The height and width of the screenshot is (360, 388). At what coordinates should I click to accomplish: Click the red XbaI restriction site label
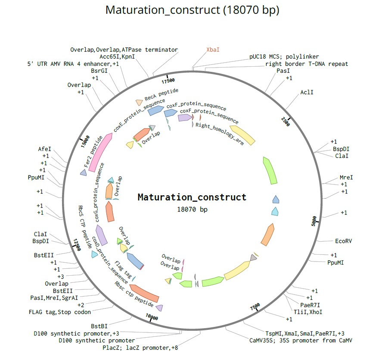coord(213,49)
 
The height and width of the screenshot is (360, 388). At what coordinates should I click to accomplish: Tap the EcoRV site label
coord(344,241)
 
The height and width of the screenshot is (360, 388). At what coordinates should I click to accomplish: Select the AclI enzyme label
coord(307,92)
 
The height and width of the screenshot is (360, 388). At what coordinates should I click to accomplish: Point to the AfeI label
coord(44,149)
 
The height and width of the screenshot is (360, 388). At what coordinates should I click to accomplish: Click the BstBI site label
coord(99,326)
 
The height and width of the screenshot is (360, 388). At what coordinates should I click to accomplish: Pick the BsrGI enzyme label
coord(99,71)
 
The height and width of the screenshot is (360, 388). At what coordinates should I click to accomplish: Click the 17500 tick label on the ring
coord(168,81)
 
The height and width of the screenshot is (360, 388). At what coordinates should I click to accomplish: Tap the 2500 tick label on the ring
coord(286,122)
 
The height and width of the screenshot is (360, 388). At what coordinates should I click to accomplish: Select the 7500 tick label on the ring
coord(255,307)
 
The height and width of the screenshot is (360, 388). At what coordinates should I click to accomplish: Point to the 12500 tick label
coord(77,245)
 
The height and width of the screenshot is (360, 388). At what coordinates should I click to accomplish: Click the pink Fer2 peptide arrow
coord(100,153)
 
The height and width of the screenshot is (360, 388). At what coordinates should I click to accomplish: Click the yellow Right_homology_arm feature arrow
coord(243,135)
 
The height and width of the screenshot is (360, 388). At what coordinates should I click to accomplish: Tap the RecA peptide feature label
coord(161,95)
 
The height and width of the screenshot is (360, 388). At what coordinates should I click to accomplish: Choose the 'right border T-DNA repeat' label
coord(307,64)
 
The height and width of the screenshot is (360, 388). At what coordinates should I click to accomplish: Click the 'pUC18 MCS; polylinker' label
coord(284,57)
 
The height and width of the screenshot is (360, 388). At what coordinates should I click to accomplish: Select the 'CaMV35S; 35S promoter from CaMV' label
coord(301,341)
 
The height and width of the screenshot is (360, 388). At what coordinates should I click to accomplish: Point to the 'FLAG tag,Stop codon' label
coord(60,312)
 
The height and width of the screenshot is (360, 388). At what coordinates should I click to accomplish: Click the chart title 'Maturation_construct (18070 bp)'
coord(192,10)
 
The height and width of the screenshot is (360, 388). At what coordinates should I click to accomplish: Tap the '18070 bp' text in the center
coord(192,209)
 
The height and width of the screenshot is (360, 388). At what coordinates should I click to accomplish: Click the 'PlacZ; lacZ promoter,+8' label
coord(140,348)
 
